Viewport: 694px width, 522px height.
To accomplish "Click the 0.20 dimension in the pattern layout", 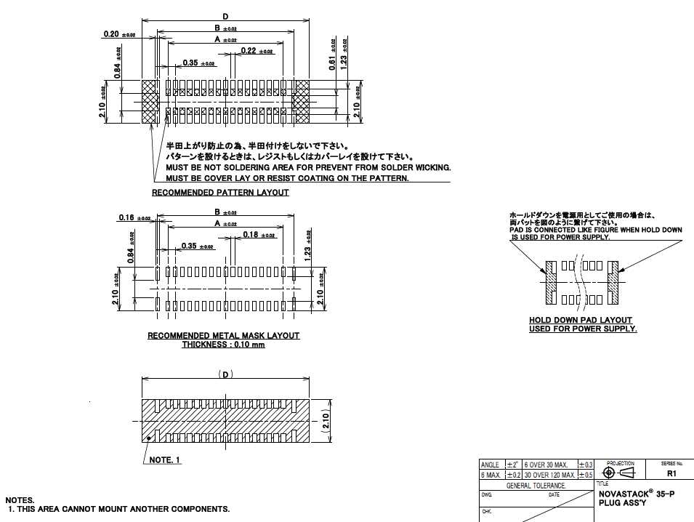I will coord(111,34).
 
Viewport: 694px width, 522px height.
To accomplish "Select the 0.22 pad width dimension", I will coord(248,50).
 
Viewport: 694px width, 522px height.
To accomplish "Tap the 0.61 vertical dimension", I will coord(332,63).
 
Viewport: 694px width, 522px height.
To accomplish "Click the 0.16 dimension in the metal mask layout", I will coord(125,217).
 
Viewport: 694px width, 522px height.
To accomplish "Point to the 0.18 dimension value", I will coord(251,234).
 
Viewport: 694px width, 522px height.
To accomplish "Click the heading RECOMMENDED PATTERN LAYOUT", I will coord(220,193).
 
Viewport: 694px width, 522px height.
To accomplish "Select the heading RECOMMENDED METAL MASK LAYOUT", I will coord(223,336).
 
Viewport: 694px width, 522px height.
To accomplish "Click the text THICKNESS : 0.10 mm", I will coord(223,345).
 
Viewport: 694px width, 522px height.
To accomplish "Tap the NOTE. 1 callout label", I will coord(165,460).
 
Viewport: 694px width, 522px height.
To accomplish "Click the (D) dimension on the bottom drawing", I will coord(226,374).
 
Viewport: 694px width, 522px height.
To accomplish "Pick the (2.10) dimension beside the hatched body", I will coord(326,420).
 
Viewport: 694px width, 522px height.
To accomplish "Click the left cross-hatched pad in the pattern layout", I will coord(149,101).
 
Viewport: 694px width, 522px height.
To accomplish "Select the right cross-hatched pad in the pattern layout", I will coord(301,101).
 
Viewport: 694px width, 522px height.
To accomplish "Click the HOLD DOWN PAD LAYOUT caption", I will coord(580,320).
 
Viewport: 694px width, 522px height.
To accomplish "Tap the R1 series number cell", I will coord(671,473).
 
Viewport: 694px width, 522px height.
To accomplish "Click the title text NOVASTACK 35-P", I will coord(636,494).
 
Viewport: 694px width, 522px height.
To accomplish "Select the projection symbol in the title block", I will coord(618,473).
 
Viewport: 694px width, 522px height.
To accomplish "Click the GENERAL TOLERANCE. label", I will coord(536,485).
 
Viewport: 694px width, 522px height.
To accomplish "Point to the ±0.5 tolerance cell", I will coord(586,475).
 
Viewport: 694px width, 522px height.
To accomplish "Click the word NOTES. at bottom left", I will coord(20,500).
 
